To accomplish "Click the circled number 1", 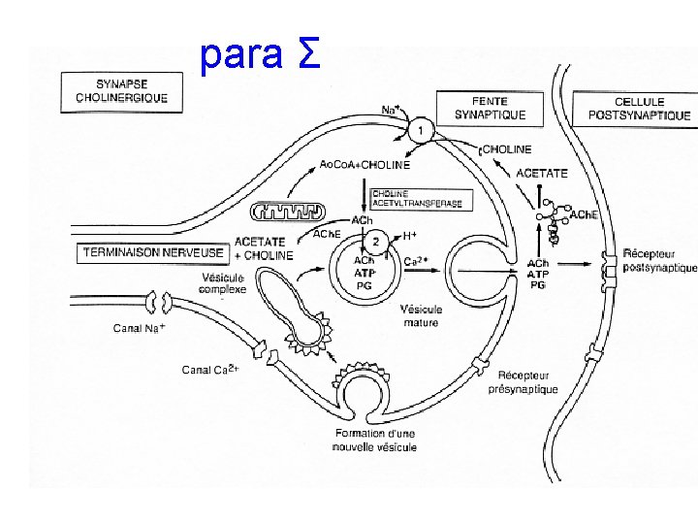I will click(419, 130).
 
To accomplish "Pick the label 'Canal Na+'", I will click(140, 328).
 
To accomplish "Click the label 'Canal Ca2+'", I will click(210, 369).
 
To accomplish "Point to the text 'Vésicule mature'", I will click(421, 316).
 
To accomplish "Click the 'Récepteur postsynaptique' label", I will click(659, 260).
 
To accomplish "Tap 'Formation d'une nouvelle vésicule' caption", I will click(374, 440).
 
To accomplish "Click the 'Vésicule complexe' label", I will click(222, 282).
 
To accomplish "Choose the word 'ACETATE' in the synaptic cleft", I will click(541, 173).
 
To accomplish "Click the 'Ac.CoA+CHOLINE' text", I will click(365, 164).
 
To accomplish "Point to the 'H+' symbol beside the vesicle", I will click(409, 236).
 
